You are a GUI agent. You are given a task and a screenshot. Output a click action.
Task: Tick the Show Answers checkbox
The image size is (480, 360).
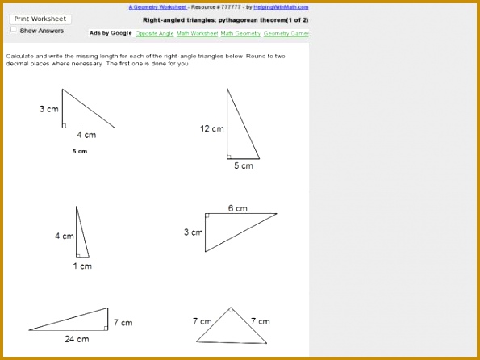tap(14, 30)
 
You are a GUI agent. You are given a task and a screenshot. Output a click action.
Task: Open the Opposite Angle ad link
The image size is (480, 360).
tap(154, 34)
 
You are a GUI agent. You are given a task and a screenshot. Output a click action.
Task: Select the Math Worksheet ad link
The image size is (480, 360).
tap(197, 34)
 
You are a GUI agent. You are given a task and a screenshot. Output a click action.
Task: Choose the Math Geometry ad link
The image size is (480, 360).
tap(240, 34)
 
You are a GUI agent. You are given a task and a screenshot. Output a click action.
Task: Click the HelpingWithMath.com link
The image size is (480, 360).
tap(281, 7)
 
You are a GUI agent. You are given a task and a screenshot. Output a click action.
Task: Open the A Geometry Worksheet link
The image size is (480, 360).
tap(157, 7)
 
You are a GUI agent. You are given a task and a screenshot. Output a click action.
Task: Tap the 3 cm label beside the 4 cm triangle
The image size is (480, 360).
tap(48, 108)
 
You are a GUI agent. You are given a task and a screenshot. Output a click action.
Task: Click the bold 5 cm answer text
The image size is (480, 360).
tap(80, 151)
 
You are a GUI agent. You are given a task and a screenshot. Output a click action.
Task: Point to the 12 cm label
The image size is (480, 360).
tap(212, 128)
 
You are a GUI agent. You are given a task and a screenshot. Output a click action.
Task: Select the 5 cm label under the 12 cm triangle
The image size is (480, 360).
tap(243, 165)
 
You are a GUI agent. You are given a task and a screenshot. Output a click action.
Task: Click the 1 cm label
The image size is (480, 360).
tap(82, 266)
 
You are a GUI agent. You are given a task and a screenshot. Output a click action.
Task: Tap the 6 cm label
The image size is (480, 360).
tap(237, 208)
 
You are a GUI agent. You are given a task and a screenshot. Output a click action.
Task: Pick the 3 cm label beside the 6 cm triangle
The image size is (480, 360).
tap(193, 232)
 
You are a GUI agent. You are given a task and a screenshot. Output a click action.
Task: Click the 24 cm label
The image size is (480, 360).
tap(77, 339)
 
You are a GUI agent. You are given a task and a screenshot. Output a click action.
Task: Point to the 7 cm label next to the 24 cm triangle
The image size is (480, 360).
tap(123, 322)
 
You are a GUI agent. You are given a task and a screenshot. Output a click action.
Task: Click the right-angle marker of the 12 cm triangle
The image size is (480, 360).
tap(229, 157)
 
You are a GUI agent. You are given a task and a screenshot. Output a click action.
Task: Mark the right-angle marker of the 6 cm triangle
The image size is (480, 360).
tap(207, 216)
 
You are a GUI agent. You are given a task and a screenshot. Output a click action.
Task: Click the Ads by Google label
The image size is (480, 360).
tap(111, 34)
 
